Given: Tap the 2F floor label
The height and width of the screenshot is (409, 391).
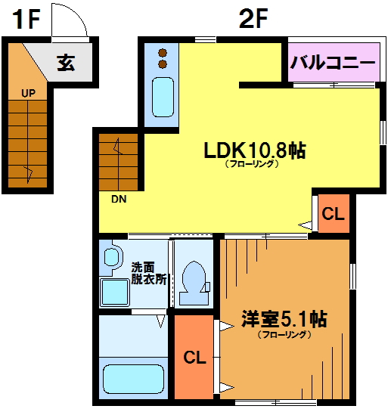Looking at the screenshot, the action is pos(253,18).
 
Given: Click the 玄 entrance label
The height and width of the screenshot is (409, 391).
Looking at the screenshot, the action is pos(67,63).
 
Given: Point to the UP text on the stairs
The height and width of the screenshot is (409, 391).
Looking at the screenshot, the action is pos(29,93).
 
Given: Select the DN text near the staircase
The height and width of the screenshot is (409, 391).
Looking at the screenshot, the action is pos(119,200).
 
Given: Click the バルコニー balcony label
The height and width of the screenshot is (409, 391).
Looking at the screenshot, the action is pos(333,62).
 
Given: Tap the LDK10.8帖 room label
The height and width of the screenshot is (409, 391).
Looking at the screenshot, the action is pos(254,150).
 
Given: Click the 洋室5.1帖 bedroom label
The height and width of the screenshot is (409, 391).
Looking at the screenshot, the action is pos(284,319).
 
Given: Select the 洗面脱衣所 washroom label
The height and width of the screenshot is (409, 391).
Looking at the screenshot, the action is pos(148,273).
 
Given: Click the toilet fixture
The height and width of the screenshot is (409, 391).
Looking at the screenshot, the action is pos(194,283).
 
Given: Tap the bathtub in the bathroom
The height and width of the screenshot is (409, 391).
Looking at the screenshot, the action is pos(134,379).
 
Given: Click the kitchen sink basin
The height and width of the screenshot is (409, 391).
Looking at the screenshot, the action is pos(163,98).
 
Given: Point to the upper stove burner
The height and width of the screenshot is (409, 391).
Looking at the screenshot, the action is pos(163,53).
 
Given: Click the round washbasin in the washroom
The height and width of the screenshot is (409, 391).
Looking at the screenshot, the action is pos(112,257).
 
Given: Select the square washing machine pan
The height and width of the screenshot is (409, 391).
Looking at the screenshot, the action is pos(115,292).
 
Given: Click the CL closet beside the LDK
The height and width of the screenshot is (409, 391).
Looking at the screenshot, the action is pos(333,214).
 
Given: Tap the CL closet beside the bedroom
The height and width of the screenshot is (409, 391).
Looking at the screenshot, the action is pos(194,357).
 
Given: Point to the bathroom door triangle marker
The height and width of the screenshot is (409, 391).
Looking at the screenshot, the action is pos(161,321).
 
